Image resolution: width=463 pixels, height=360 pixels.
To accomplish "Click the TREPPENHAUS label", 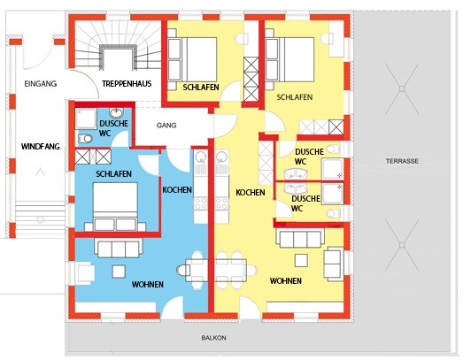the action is click(127, 84).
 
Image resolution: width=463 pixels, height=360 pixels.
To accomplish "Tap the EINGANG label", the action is click(41, 84).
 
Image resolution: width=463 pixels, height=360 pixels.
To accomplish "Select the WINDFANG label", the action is click(41, 146).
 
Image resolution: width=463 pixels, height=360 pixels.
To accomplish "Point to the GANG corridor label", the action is click(166, 125).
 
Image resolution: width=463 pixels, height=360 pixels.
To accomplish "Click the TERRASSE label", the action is click(402, 161).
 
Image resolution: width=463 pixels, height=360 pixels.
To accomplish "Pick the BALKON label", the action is click(213, 338).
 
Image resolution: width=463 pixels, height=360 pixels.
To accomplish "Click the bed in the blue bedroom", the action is click(115, 207).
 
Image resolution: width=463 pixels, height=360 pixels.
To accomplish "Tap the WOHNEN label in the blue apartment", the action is click(148, 285).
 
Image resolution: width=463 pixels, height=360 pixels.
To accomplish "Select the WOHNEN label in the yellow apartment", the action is click(286, 280).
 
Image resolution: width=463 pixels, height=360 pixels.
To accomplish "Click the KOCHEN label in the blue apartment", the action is click(177, 190).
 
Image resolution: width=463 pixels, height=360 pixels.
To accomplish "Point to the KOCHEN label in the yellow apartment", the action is click(251, 193).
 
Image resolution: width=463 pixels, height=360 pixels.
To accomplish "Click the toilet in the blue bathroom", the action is click(85, 138).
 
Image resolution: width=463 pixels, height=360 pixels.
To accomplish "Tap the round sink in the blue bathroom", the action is click(116, 112).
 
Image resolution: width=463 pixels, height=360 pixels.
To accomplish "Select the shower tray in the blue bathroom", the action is click(86, 119).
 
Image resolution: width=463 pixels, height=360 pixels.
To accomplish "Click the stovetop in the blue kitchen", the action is click(200, 203).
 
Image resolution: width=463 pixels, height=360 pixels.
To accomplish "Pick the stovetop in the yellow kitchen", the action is click(221, 203).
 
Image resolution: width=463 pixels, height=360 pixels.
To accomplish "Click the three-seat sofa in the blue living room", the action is click(119, 248).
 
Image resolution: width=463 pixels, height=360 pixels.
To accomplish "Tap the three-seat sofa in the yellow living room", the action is click(300, 238).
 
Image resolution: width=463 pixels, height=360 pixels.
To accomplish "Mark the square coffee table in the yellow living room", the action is click(301, 261).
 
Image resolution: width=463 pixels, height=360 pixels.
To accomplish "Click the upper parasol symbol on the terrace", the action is click(402, 88).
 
